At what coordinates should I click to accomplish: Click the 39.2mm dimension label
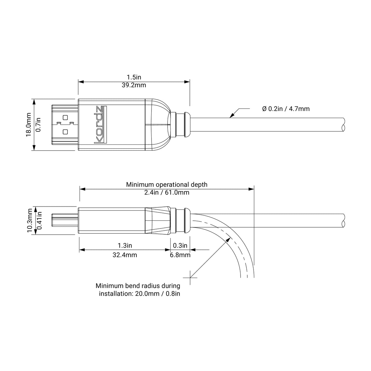click(x=134, y=85)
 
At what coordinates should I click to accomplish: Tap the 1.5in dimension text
click(x=134, y=77)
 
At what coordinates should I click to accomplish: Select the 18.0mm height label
click(x=29, y=125)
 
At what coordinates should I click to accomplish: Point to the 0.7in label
click(x=39, y=125)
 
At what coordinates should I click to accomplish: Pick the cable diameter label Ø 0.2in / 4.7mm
click(x=286, y=109)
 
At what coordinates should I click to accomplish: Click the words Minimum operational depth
click(x=167, y=185)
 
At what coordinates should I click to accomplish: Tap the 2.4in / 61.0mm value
click(x=167, y=192)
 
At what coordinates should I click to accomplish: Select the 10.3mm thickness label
click(x=30, y=220)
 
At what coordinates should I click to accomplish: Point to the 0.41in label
click(x=40, y=220)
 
